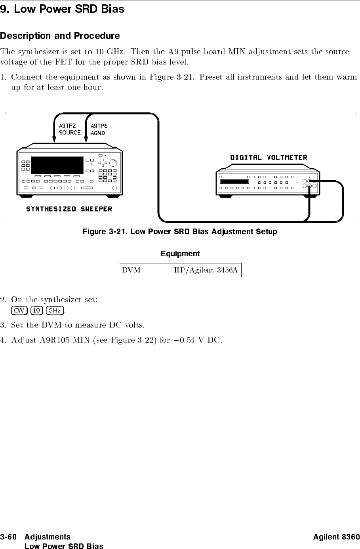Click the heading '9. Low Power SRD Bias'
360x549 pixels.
62,9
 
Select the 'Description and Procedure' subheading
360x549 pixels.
60,36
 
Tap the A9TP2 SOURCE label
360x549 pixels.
69,129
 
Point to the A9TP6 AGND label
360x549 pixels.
99,129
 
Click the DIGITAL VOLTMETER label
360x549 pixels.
269,157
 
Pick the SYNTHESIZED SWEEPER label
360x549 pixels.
69,209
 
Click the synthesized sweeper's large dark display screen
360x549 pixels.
57,165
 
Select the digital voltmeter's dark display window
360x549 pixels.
234,182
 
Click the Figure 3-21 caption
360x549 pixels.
179,231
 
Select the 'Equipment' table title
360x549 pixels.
180,254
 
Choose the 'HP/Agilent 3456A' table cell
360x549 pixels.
206,271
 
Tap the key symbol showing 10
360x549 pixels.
37,310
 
